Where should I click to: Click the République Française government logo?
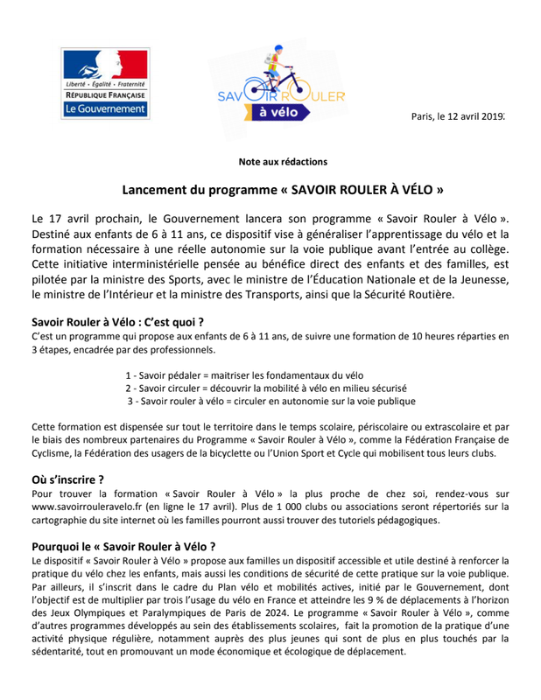pyautogui.click(x=106, y=85)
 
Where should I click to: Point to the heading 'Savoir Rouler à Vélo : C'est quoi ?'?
pyautogui.click(x=117, y=320)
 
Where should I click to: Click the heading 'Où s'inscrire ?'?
pyautogui.click(x=67, y=479)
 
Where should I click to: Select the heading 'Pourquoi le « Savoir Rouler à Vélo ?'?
pyautogui.click(x=123, y=546)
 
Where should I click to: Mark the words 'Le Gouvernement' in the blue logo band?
pyautogui.click(x=106, y=110)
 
